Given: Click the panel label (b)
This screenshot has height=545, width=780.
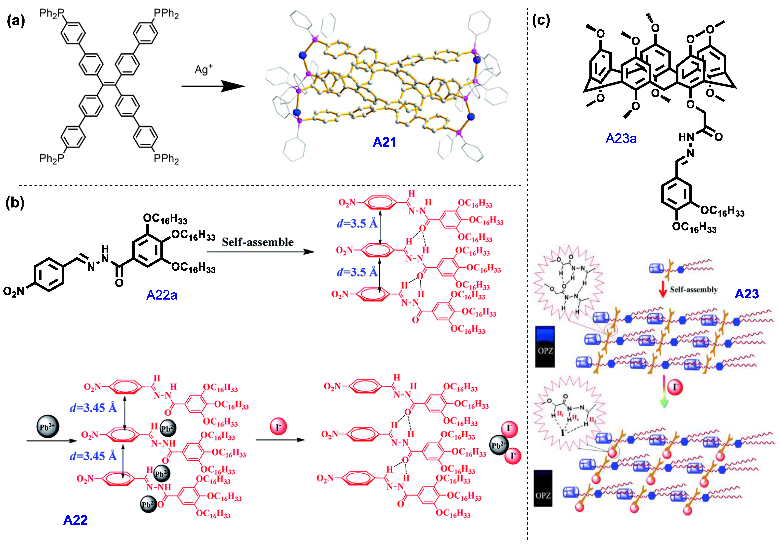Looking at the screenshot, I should (x=15, y=203).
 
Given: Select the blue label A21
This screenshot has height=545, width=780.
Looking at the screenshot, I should (x=384, y=142).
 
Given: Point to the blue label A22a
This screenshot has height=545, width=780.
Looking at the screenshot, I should (x=162, y=295).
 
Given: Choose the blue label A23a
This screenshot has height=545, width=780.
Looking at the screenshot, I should (x=621, y=138).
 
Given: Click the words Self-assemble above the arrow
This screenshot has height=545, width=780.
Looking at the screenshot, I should (x=258, y=242).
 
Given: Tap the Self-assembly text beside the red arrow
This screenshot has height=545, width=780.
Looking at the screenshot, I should (x=693, y=290).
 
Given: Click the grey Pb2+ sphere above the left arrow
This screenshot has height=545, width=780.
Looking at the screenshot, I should (x=47, y=426).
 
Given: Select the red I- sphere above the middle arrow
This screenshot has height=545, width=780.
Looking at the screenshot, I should (x=278, y=427).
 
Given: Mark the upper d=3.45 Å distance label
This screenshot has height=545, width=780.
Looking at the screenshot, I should (x=93, y=407).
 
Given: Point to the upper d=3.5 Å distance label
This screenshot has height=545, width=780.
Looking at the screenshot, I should (x=357, y=223).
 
